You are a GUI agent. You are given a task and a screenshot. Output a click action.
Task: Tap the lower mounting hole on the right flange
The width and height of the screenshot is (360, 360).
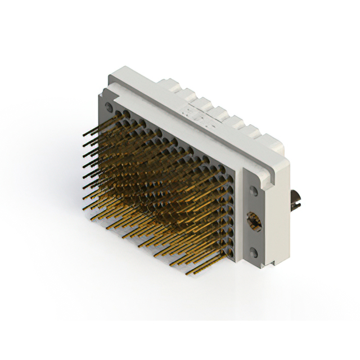click(x=254, y=253)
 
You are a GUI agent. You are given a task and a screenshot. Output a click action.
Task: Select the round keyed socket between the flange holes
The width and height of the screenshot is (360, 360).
click(x=254, y=221)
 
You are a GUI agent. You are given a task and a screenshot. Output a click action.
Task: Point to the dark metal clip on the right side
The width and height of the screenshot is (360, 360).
click(x=296, y=200)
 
